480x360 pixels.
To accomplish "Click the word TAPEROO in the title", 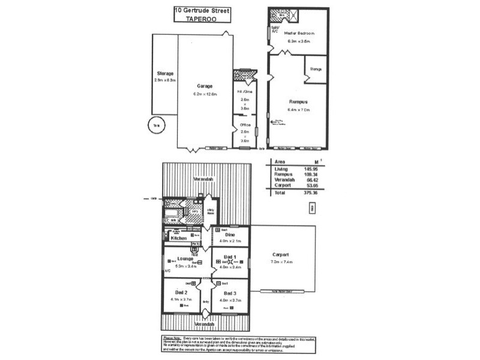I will coord(201,19).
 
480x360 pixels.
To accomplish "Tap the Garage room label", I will coord(205,85).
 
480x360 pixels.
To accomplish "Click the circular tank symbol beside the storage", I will coord(157,127).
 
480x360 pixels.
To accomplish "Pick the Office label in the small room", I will coord(245,125).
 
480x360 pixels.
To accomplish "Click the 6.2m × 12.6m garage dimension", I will coord(205,94).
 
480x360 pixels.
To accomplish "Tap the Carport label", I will coord(281,254).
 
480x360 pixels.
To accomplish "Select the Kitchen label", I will coord(179,238).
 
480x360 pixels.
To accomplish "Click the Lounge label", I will coord(184,259).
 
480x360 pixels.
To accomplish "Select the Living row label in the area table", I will coord(281,169).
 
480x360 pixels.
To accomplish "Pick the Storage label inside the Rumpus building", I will coord(316,69).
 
